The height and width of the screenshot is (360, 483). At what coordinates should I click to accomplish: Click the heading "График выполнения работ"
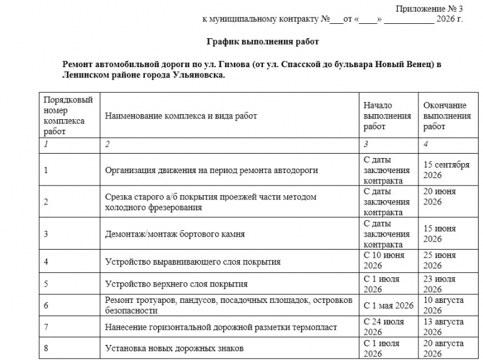tap(263, 42)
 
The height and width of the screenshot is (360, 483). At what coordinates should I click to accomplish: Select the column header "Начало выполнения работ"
tap(387, 116)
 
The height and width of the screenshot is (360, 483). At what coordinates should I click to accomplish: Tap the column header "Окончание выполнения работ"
tap(447, 116)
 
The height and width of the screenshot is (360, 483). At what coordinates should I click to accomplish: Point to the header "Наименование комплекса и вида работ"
tap(181, 116)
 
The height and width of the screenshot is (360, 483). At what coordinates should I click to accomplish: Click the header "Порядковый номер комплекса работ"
tap(68, 116)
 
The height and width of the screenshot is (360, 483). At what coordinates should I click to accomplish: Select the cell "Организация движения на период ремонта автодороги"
tap(211, 170)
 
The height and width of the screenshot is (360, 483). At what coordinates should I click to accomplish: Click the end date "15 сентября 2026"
tap(446, 170)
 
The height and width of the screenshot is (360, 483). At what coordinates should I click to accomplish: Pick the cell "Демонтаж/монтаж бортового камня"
tap(175, 234)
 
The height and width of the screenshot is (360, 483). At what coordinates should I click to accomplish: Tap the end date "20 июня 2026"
tap(440, 196)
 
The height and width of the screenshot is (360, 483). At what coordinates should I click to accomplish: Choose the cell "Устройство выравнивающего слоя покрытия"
tap(193, 262)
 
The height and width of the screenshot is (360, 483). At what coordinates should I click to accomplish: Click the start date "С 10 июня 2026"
tap(384, 261)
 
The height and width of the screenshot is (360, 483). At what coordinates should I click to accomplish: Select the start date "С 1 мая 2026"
tap(389, 305)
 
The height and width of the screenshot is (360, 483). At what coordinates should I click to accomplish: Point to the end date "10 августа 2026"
tap(443, 305)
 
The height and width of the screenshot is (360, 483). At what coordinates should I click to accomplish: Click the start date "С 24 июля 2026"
tap(384, 327)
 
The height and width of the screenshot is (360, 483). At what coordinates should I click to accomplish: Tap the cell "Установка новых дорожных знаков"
tap(174, 348)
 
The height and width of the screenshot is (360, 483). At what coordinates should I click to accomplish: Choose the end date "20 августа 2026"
tap(443, 348)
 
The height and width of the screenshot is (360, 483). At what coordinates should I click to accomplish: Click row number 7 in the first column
tap(46, 327)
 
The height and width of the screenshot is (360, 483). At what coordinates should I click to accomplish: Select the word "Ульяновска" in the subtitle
tap(196, 75)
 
